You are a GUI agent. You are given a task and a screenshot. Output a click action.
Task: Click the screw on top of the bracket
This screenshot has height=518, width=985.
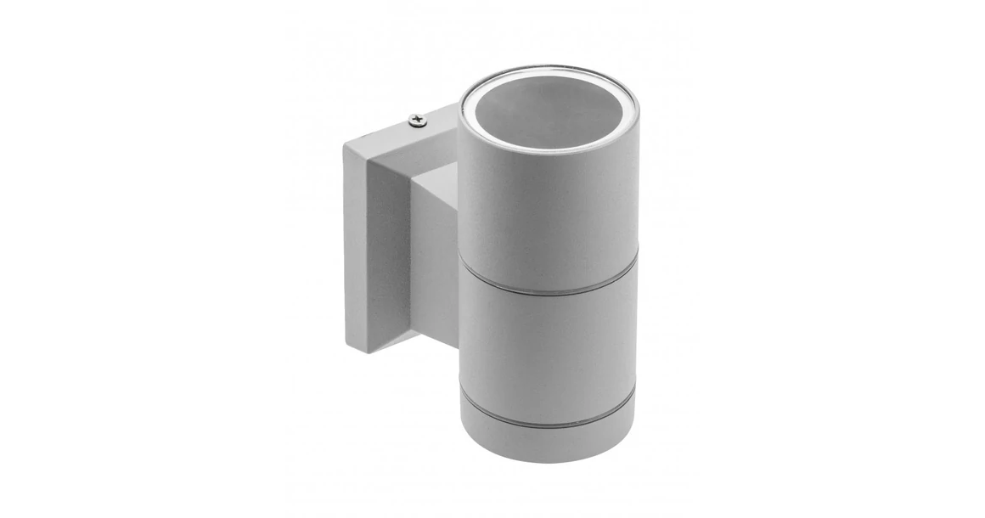[416, 121]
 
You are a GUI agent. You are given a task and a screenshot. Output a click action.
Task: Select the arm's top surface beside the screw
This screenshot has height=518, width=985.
[437, 127]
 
